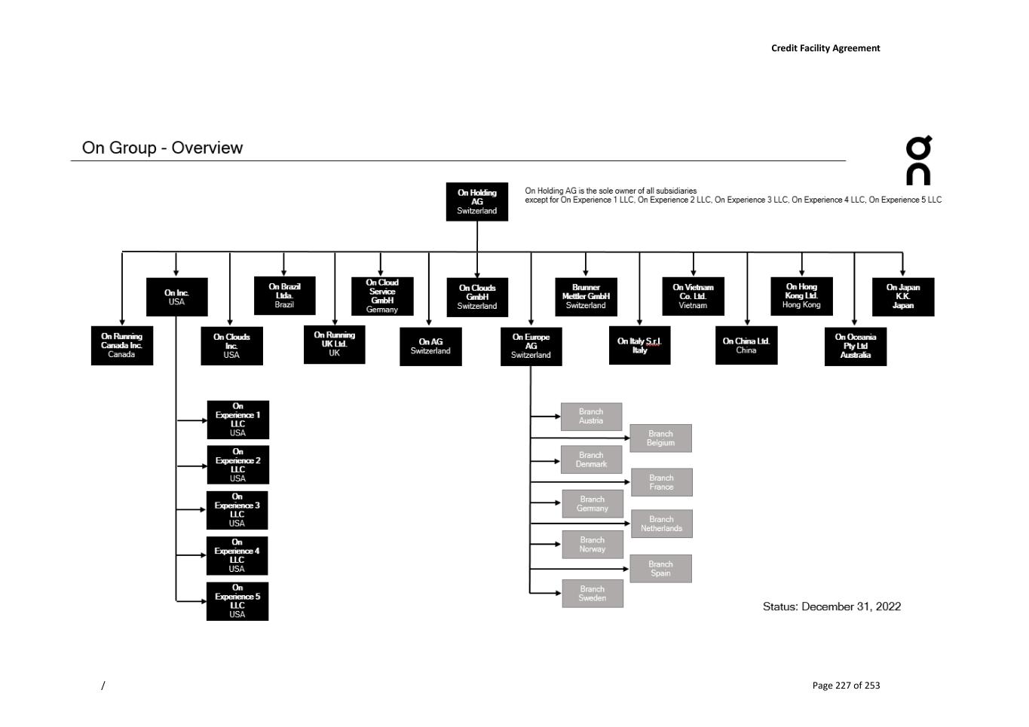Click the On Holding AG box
[x=476, y=201]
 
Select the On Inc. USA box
[x=176, y=297]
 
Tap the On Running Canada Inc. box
[x=121, y=345]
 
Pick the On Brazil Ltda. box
[x=284, y=295]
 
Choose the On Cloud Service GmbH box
[x=382, y=296]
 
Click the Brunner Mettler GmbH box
[x=586, y=296]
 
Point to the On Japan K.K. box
[x=902, y=296]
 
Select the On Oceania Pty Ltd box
[x=855, y=346]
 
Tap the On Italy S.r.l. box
[x=639, y=345]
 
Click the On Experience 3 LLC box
[x=237, y=510]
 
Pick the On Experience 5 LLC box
[x=237, y=601]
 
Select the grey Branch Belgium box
[x=660, y=438]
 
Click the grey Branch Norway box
[x=592, y=544]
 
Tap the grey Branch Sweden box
[x=592, y=593]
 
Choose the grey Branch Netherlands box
[x=661, y=524]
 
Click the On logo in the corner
[x=918, y=160]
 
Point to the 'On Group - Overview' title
[x=162, y=148]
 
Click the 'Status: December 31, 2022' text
[x=831, y=606]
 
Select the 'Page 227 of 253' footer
[x=846, y=685]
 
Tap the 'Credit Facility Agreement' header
[x=825, y=48]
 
